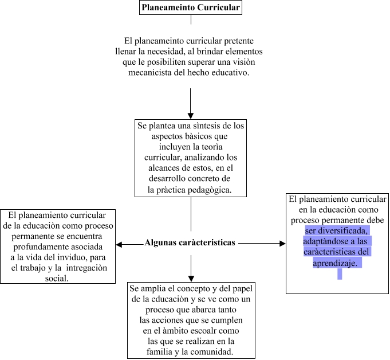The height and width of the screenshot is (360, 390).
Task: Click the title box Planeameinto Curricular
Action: click(x=191, y=7)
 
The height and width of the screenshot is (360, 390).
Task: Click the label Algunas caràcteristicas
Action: click(x=190, y=242)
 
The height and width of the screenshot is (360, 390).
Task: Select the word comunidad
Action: click(x=212, y=351)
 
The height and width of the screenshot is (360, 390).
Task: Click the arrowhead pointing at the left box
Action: click(x=119, y=244)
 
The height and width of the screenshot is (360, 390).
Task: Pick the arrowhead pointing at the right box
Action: click(x=282, y=244)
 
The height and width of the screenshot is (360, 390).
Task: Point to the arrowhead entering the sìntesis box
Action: click(x=191, y=115)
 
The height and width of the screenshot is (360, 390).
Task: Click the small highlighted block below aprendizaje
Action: click(x=340, y=274)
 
